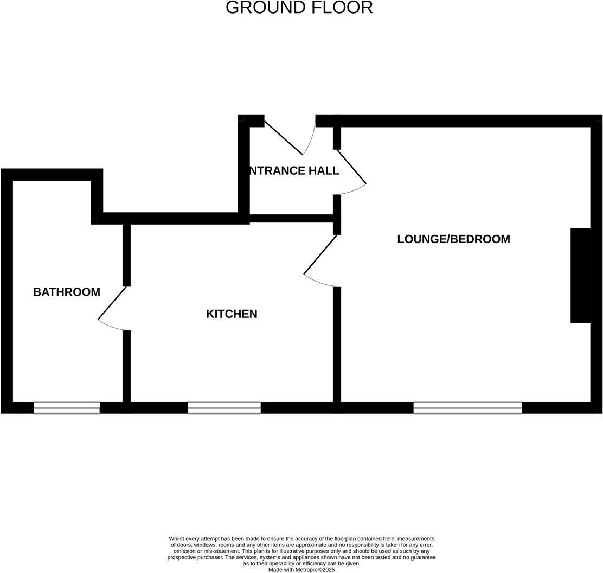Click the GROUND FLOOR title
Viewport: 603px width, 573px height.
tap(299, 8)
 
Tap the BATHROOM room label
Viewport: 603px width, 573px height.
tap(67, 292)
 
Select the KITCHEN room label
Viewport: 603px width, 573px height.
tap(232, 314)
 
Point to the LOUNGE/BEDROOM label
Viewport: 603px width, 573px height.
tap(453, 239)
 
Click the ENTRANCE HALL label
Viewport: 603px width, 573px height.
tap(293, 170)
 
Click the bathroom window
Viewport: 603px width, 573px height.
tap(67, 408)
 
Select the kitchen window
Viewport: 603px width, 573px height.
tap(224, 408)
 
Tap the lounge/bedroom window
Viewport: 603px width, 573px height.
tap(467, 408)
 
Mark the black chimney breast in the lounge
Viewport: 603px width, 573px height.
tap(580, 276)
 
